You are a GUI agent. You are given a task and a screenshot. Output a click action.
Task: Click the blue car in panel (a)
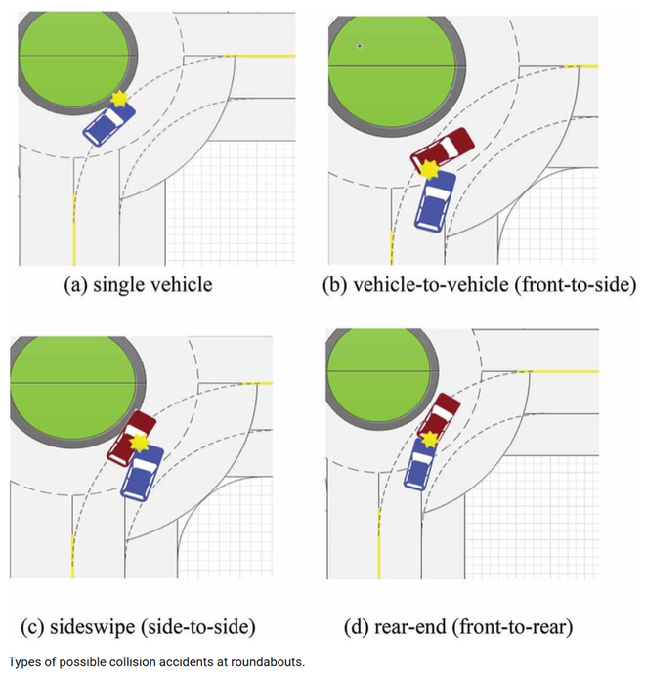(107, 125)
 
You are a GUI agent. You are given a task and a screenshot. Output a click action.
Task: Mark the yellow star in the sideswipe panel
(141, 443)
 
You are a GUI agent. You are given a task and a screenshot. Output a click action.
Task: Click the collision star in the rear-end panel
(430, 438)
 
